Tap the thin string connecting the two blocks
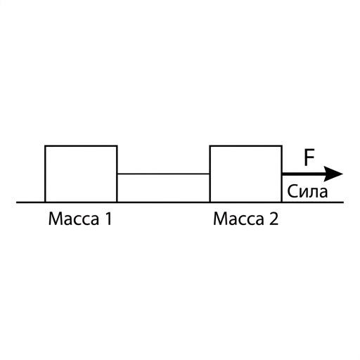pyautogui.click(x=163, y=174)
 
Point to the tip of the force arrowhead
pyautogui.click(x=343, y=174)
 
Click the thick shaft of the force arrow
pyautogui.click(x=304, y=174)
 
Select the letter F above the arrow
pyautogui.click(x=309, y=157)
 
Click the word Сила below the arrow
pyautogui.click(x=307, y=191)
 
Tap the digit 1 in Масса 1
pyautogui.click(x=108, y=219)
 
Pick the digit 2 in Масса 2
pyautogui.click(x=274, y=219)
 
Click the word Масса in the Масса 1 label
pyautogui.click(x=74, y=219)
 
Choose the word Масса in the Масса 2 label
pyautogui.click(x=238, y=219)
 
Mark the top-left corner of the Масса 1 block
pyautogui.click(x=45, y=146)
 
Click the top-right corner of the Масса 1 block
pyautogui.click(x=117, y=146)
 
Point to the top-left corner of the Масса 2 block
pyautogui.click(x=210, y=146)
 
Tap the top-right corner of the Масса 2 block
pyautogui.click(x=282, y=146)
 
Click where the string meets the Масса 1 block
pyautogui.click(x=117, y=174)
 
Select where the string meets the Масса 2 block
pyautogui.click(x=210, y=174)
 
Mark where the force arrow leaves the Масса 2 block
pyautogui.click(x=282, y=174)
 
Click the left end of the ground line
pyautogui.click(x=16, y=202)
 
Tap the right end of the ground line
pyautogui.click(x=344, y=202)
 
